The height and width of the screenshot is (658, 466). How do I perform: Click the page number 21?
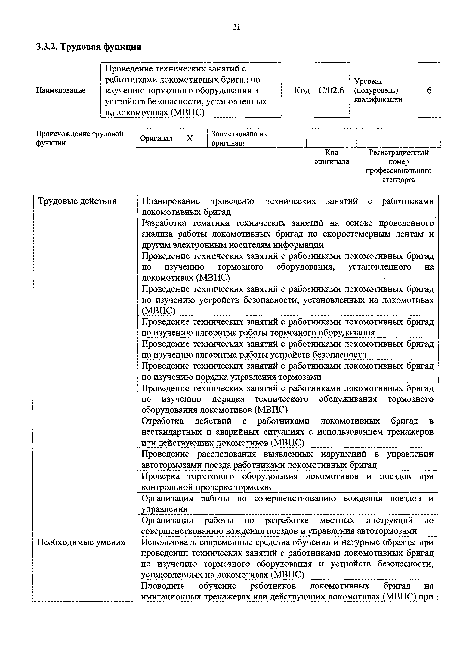coord(236,27)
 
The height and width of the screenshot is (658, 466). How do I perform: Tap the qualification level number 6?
coord(429,91)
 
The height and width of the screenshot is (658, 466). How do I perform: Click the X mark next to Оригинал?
coord(190,139)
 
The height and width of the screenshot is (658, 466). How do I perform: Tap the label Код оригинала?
coord(332,157)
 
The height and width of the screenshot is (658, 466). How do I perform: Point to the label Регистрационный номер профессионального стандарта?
coord(399,166)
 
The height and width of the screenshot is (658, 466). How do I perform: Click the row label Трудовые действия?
coord(77,201)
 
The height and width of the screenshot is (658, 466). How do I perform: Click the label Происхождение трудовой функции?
coord(79,138)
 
